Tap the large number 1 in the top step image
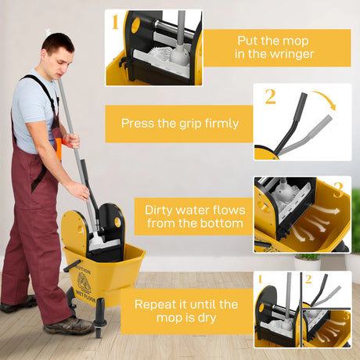115,21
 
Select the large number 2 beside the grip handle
271,98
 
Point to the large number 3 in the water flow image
338,190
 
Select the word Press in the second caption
139,124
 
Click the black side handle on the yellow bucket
71,266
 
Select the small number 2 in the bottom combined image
308,279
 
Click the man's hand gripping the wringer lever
79,190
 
